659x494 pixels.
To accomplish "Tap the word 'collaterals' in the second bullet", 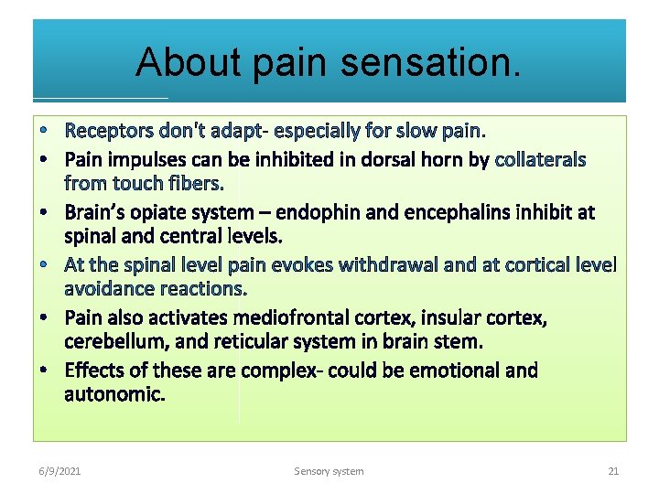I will click(x=540, y=160).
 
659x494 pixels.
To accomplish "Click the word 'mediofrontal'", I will click(x=291, y=318).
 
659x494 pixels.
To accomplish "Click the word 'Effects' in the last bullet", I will click(x=95, y=370).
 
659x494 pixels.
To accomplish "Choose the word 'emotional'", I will click(x=456, y=370).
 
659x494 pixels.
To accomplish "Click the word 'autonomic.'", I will click(x=114, y=394).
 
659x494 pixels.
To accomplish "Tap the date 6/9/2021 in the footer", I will click(x=59, y=471).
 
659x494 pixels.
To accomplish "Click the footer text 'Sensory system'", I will click(x=329, y=471).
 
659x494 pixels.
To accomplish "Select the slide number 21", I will click(x=613, y=471).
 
